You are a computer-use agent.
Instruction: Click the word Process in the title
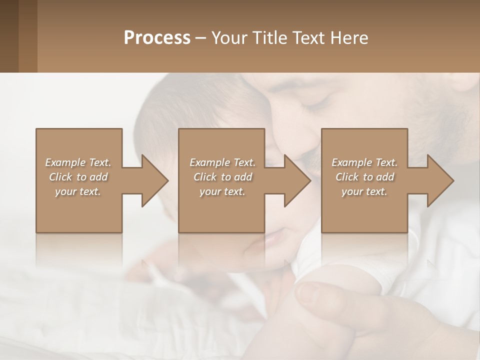157,38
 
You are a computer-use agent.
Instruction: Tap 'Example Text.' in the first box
78,162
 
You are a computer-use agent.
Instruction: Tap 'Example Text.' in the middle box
222,162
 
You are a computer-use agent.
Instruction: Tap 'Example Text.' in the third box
364,162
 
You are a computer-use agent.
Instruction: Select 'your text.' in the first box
78,191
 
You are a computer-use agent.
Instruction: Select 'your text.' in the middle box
222,191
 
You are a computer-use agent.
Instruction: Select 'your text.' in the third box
364,191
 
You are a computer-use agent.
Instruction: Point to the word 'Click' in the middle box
205,177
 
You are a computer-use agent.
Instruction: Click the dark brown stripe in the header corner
9,36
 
